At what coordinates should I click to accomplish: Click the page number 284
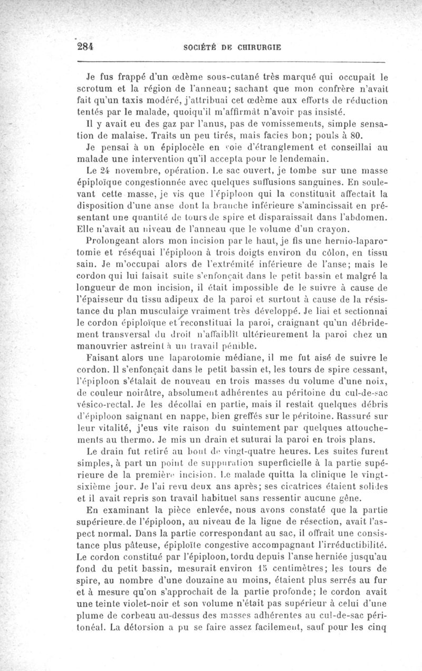tap(85, 46)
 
